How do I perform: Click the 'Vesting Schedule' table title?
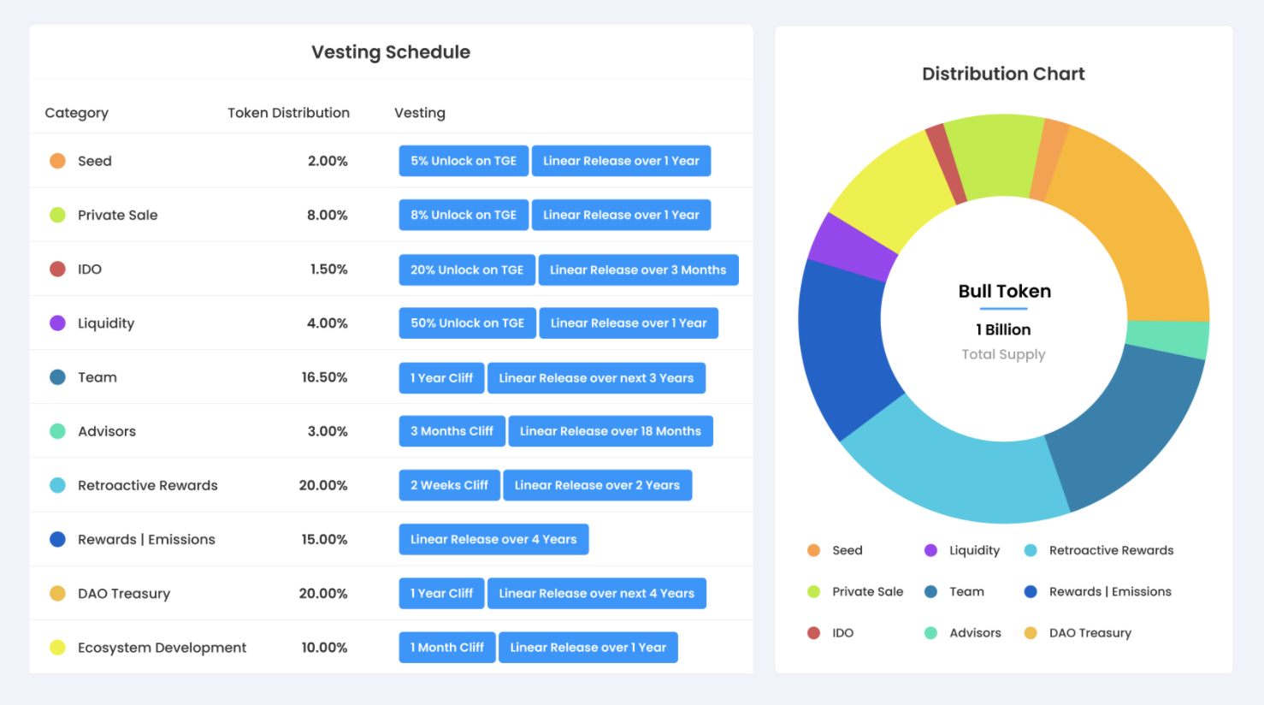click(x=391, y=52)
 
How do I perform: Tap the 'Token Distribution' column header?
click(x=288, y=113)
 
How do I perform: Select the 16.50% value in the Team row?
click(x=324, y=377)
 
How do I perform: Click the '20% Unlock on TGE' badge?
click(x=466, y=270)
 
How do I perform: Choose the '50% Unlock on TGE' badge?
click(x=467, y=323)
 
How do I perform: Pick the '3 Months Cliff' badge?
click(x=452, y=431)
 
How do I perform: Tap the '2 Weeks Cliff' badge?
click(x=449, y=485)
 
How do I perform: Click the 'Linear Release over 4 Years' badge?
click(x=493, y=539)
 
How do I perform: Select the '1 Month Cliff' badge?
click(x=446, y=648)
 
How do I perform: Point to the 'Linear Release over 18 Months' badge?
click(x=610, y=431)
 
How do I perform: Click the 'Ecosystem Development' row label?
click(x=162, y=648)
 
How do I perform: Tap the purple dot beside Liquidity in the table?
click(x=57, y=323)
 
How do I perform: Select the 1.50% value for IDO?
click(x=328, y=270)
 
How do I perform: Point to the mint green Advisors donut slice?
click(x=1168, y=339)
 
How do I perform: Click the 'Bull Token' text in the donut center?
click(x=1004, y=292)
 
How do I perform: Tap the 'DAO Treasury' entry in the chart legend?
click(x=1090, y=633)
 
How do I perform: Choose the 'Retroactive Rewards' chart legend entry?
click(x=1110, y=551)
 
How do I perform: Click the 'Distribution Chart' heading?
click(x=1003, y=74)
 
